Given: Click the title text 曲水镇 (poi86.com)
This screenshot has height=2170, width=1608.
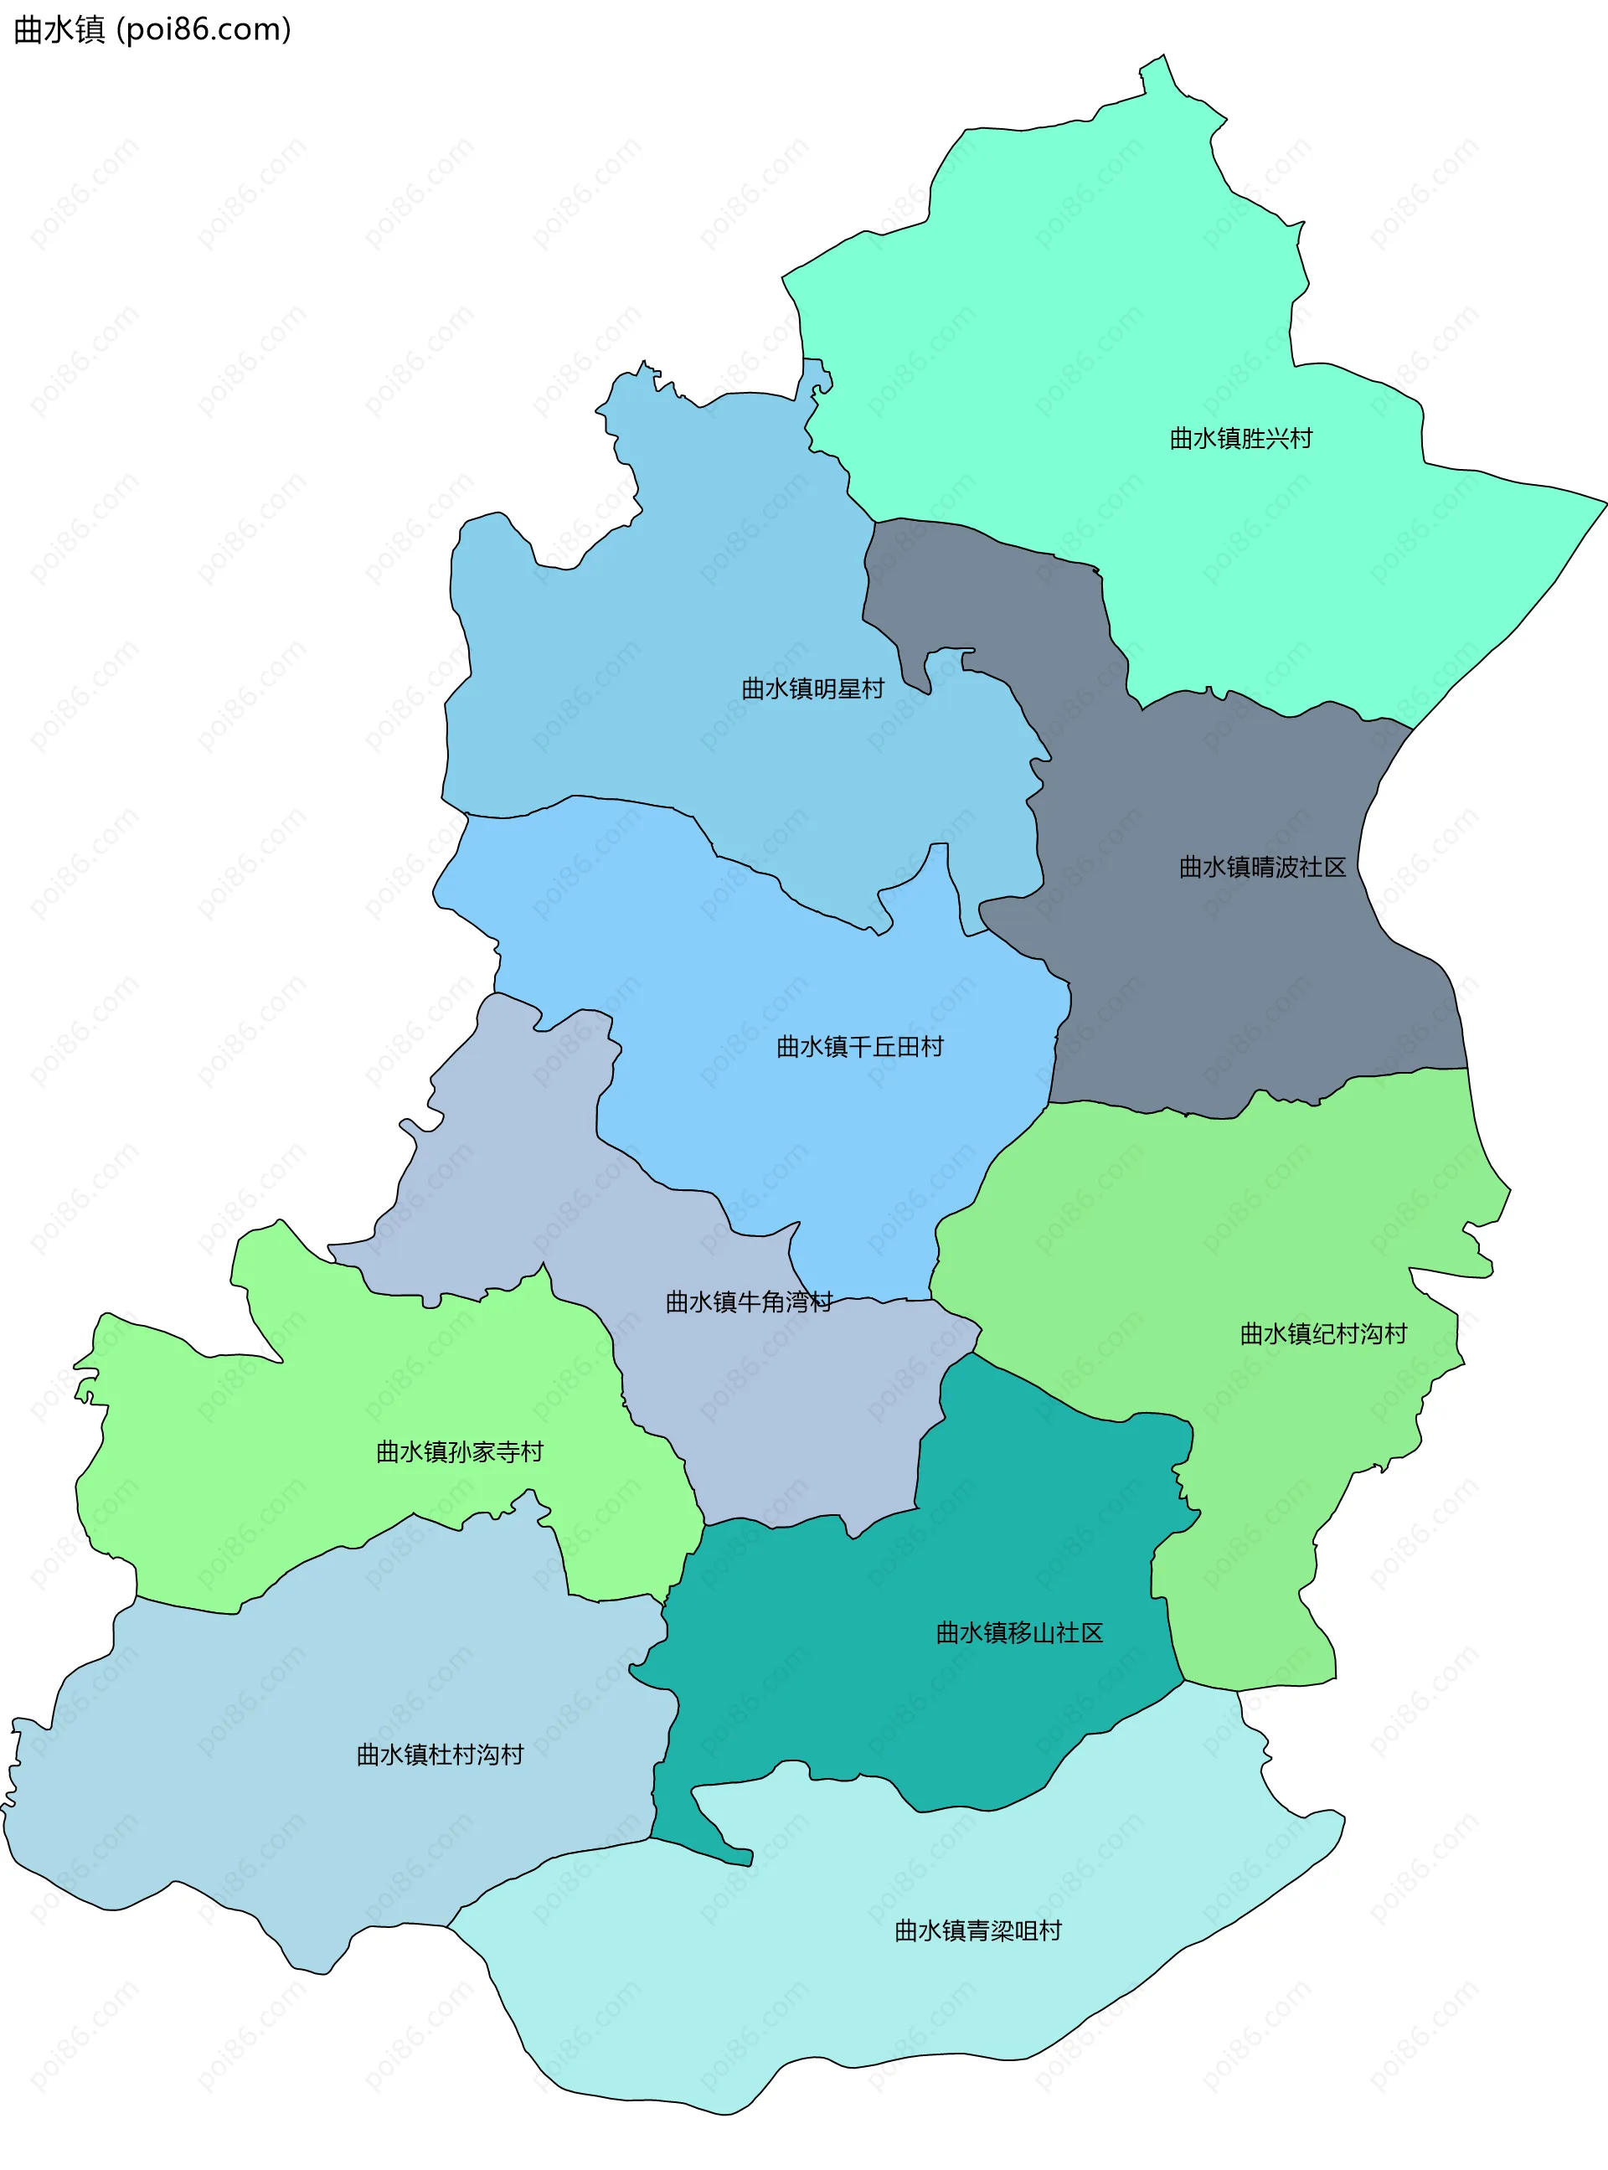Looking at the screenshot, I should point(152,29).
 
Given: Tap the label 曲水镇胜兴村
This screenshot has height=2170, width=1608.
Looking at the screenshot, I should point(1240,439).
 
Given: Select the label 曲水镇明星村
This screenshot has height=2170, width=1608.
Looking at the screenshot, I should point(812,689).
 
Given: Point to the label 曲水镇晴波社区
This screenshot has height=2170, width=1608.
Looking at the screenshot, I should point(1262,867).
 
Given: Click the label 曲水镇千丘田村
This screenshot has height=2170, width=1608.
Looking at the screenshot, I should point(859,1047).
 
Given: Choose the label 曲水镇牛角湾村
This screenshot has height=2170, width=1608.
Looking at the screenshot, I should point(749,1302).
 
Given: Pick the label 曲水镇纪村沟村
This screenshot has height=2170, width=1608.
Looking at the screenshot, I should point(1322,1334).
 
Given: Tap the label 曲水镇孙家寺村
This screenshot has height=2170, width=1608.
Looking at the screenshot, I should point(460,1452).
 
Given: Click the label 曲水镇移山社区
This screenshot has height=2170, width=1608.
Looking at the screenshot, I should point(1019,1633).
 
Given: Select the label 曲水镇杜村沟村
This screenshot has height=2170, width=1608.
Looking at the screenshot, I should point(440,1755).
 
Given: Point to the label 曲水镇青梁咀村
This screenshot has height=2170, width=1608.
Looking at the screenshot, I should point(977,1930).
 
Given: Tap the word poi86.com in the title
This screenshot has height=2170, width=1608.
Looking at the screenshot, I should point(204,29).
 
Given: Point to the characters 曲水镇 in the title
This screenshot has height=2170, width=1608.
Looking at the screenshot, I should point(59,29).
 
